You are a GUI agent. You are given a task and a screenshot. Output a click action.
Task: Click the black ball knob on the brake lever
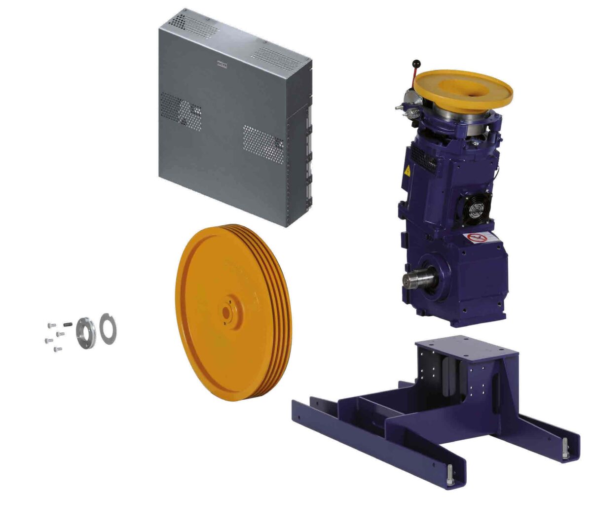[x=416, y=64]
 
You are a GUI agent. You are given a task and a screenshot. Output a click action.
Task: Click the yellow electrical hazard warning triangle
[x=407, y=172]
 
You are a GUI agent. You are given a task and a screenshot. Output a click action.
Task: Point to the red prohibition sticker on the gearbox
[x=477, y=238]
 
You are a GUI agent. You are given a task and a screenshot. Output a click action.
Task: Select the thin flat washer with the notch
[x=108, y=328]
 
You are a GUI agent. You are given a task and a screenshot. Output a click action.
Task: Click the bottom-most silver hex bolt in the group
[x=57, y=350]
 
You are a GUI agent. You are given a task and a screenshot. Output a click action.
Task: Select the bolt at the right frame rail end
[x=564, y=450]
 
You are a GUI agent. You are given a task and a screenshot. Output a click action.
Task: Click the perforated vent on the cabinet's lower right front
[x=263, y=143]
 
